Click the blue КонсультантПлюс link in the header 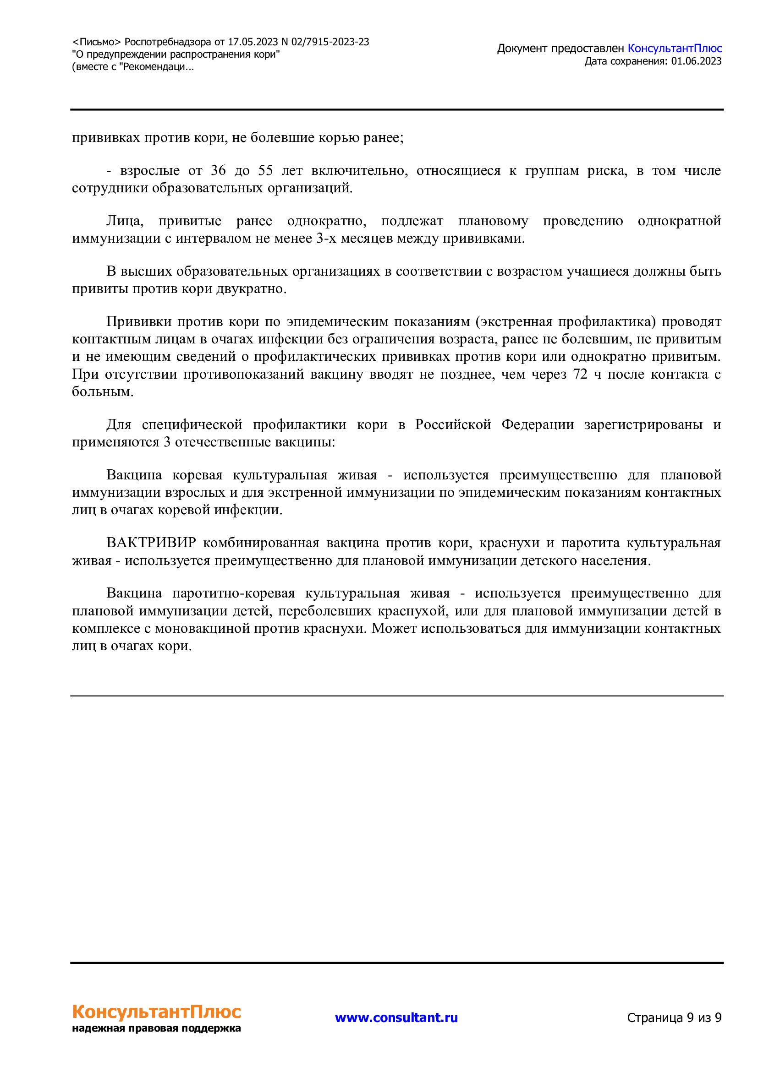(x=675, y=49)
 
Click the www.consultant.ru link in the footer (x=396, y=1017)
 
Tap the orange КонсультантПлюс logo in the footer (x=156, y=1011)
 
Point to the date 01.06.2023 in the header (x=696, y=61)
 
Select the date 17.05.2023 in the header (x=253, y=42)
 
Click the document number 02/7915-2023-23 (x=330, y=42)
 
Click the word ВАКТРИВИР (x=151, y=543)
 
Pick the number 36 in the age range (x=218, y=170)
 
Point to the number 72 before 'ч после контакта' (x=580, y=374)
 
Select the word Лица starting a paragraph (x=125, y=221)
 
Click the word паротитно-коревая (x=233, y=593)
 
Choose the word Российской (x=453, y=424)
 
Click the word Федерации (x=537, y=424)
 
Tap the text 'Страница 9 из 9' (x=674, y=1017)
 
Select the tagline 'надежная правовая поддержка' (x=156, y=1028)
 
